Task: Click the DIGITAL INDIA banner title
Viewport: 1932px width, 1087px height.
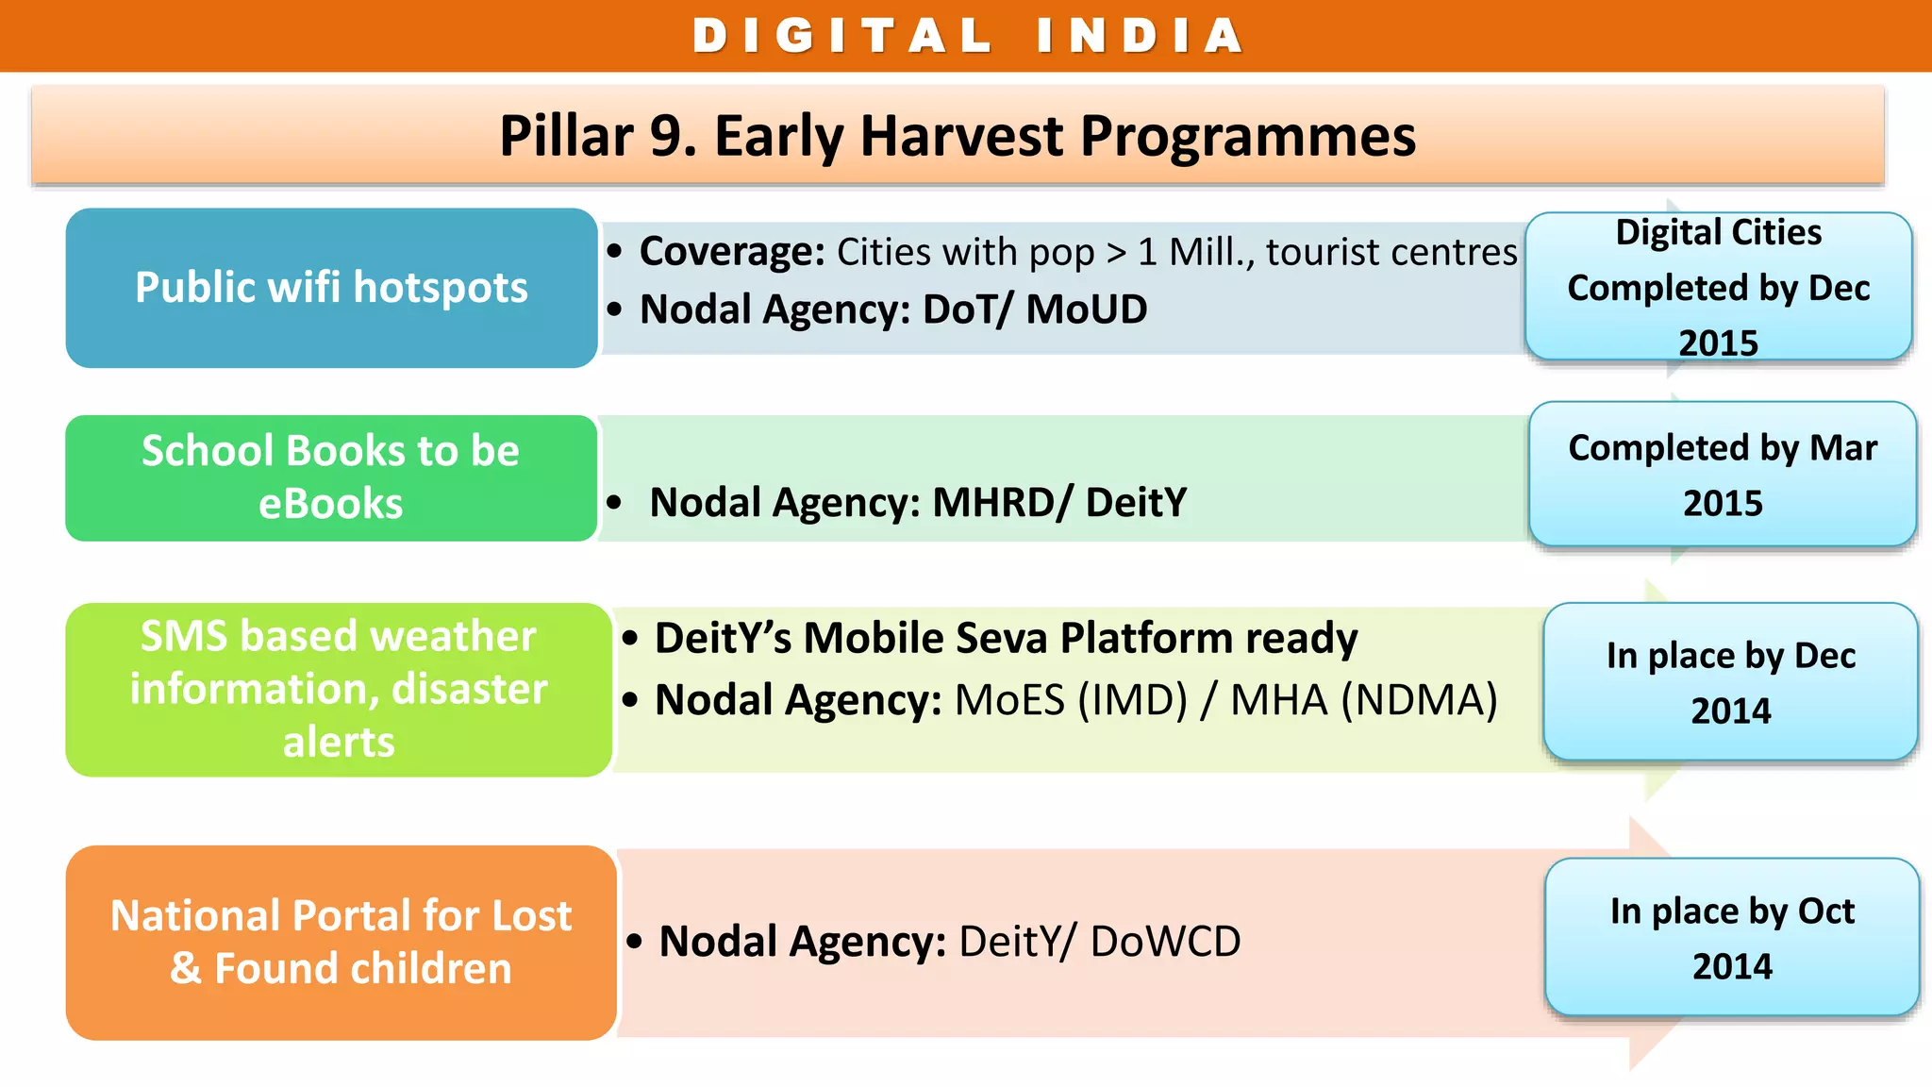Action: [x=968, y=36]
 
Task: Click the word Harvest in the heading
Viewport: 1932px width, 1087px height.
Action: [x=962, y=136]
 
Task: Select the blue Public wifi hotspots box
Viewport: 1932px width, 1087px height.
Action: [x=331, y=288]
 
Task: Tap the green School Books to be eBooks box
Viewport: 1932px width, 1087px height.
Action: [x=331, y=477]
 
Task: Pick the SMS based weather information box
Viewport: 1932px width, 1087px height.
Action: [x=339, y=689]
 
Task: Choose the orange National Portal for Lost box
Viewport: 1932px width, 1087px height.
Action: [x=341, y=942]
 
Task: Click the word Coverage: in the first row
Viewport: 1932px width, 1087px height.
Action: [x=732, y=252]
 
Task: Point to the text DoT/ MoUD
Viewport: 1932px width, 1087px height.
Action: [x=1035, y=309]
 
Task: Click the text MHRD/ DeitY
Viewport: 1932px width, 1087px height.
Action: [x=1059, y=502]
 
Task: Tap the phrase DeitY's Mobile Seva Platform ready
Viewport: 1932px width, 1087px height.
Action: [x=1006, y=639]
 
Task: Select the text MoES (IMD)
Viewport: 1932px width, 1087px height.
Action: [x=1071, y=700]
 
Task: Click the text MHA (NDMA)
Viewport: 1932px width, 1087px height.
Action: [x=1364, y=700]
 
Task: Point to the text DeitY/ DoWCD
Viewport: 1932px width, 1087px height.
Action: [x=1099, y=942]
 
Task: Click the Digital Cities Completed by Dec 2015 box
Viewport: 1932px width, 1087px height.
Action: [x=1718, y=287]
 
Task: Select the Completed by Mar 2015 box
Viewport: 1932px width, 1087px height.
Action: [x=1722, y=475]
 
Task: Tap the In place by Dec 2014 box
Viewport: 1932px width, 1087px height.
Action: [x=1730, y=682]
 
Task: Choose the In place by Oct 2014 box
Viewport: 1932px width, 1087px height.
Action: [x=1731, y=938]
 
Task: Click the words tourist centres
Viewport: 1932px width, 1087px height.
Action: [x=1391, y=252]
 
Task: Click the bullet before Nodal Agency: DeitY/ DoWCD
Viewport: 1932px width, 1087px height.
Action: [x=635, y=942]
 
